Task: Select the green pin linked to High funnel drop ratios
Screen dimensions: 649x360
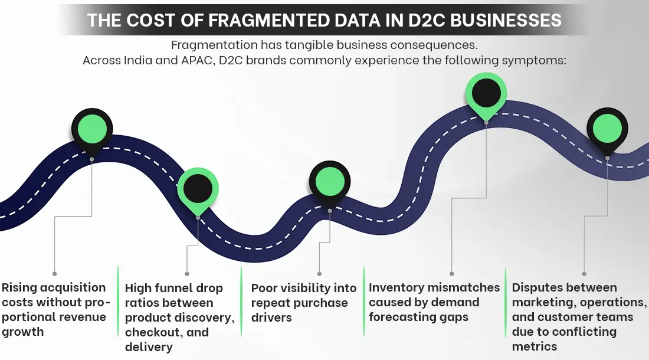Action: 198,189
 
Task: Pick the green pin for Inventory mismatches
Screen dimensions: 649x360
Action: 486,93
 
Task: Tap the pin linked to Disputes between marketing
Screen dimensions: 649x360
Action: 607,129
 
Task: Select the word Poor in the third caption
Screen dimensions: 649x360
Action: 263,288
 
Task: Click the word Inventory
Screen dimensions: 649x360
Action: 396,288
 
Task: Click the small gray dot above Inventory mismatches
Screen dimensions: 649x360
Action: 452,274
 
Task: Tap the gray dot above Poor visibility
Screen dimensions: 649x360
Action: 319,274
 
